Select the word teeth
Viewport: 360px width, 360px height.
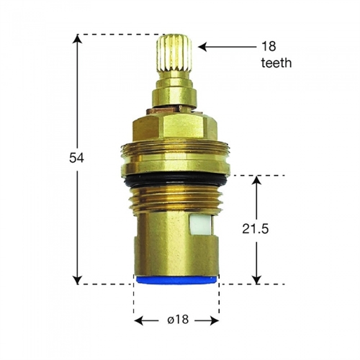point(276,63)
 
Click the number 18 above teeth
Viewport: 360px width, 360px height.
point(269,46)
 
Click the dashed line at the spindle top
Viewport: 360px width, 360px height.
point(115,34)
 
